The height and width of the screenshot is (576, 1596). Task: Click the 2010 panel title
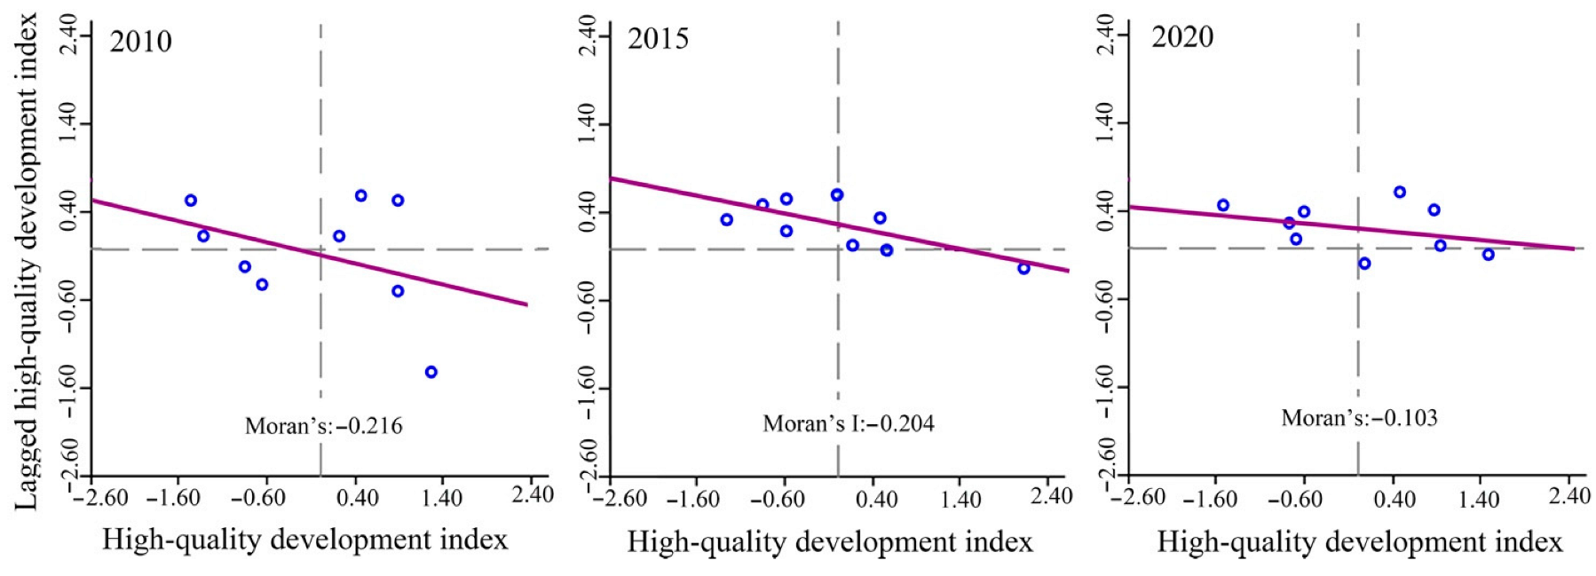140,42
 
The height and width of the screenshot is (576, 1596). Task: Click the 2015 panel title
658,39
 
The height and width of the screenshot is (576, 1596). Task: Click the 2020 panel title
1182,37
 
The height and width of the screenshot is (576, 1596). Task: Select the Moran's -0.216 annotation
323,426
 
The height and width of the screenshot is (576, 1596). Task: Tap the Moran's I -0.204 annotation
848,423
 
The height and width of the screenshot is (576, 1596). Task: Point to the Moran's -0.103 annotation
1358,418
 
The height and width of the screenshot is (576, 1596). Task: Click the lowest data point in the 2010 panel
431,372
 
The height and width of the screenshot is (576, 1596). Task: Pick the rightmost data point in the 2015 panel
1023,268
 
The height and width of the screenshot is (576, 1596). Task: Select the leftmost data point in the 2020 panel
1222,205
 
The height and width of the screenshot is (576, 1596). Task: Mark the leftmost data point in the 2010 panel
190,201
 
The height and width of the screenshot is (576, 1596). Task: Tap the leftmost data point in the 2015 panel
726,219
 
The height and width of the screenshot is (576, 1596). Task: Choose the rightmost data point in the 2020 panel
1488,255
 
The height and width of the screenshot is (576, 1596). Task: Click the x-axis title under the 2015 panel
829,541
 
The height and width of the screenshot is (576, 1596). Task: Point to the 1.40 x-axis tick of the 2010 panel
441,498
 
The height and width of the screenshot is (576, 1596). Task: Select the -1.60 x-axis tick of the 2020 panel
1210,499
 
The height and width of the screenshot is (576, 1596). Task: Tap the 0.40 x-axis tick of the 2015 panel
875,498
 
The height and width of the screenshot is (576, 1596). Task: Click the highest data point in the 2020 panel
1399,192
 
